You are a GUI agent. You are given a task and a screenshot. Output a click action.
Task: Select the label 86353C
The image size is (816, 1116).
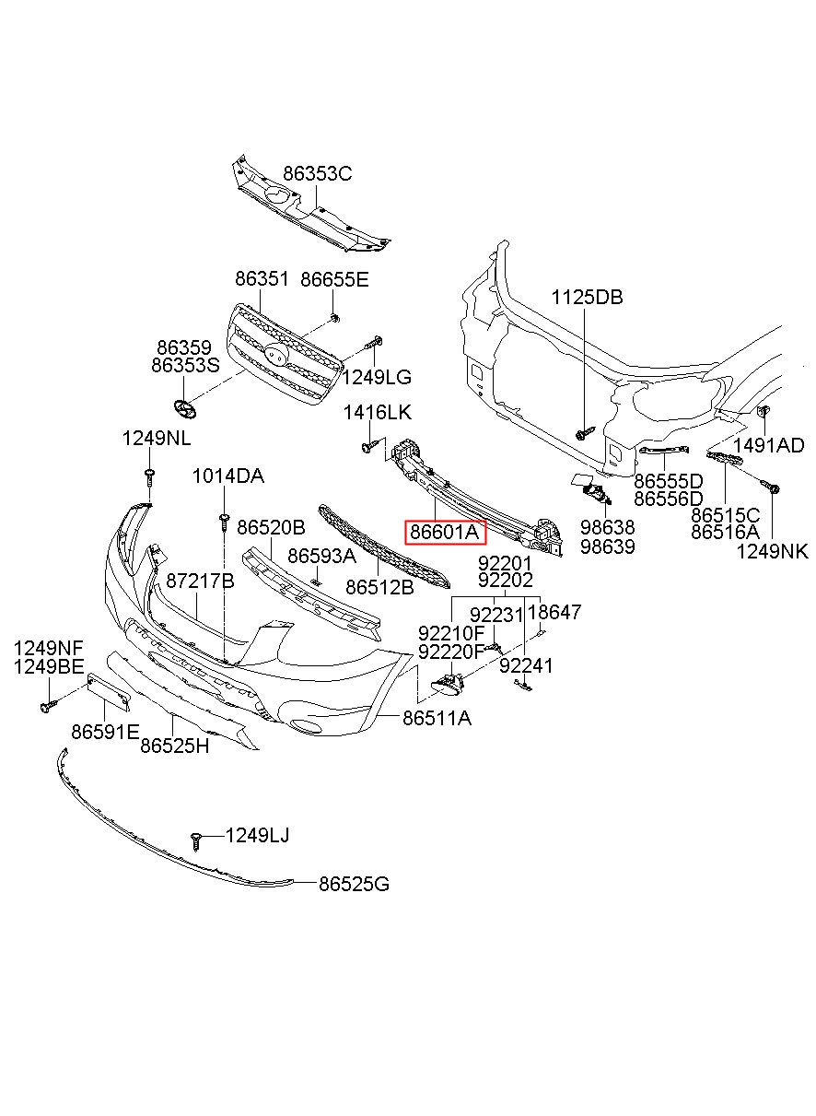318,173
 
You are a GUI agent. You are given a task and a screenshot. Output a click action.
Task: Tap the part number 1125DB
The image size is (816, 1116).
588,297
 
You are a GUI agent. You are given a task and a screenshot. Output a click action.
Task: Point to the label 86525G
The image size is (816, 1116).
355,884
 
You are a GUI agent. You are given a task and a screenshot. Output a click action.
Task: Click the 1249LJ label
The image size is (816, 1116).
259,835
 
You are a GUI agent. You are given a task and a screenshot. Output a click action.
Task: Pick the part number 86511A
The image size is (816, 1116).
437,717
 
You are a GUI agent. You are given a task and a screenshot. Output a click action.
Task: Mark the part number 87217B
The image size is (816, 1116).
200,581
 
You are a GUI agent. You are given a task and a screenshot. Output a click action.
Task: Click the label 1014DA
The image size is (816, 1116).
227,476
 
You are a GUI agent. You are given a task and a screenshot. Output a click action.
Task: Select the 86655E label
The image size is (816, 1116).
334,279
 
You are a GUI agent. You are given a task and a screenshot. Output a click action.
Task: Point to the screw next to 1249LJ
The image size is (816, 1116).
196,840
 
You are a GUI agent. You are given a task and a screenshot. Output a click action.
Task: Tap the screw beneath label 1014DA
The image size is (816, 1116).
224,522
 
